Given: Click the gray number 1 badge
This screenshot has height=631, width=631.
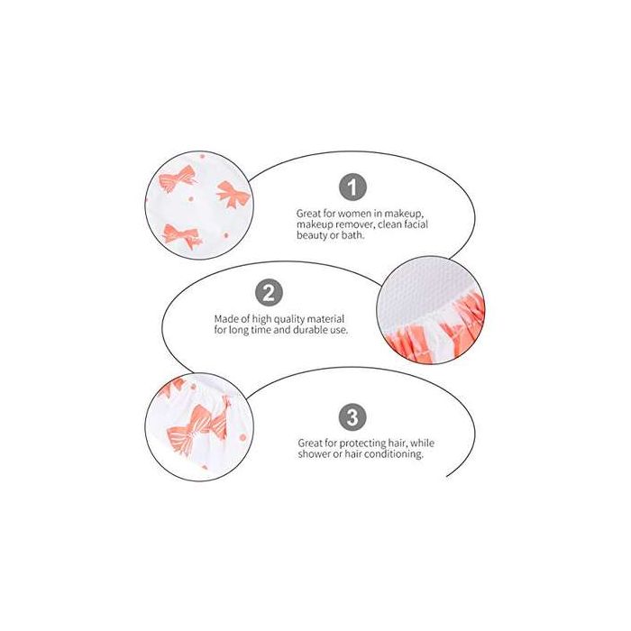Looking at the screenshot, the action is click(x=352, y=187).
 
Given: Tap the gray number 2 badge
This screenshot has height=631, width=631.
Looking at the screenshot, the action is click(x=270, y=293).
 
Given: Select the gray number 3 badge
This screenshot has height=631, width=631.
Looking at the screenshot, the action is click(x=352, y=416).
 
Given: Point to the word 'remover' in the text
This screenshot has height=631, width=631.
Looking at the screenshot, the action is click(x=353, y=224).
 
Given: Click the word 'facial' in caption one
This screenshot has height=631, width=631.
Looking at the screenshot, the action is click(x=416, y=224).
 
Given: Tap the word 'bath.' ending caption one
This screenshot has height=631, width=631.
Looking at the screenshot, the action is click(x=352, y=235).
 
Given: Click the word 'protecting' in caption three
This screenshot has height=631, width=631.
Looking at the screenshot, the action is click(x=362, y=444).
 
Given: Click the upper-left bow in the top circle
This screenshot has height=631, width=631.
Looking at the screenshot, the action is click(x=177, y=179).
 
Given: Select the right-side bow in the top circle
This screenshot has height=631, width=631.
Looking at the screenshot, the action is click(x=233, y=194).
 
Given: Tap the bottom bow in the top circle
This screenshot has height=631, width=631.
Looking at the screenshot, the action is click(x=181, y=235).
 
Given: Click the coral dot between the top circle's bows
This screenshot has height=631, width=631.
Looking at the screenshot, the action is click(x=191, y=199).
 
